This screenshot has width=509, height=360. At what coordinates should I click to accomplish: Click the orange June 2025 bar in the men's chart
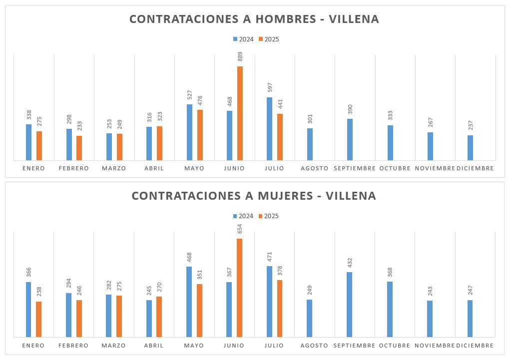point(240,113)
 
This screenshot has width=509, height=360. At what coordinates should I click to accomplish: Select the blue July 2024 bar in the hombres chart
point(269,129)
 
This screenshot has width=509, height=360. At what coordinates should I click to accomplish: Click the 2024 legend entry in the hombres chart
point(243,39)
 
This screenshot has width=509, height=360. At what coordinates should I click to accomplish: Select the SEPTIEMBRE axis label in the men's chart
point(355,168)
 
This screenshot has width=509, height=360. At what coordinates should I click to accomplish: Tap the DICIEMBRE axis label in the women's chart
point(475,346)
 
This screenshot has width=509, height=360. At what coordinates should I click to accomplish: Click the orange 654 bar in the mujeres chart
point(239,288)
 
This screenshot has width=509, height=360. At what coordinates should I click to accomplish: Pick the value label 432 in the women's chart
point(350,264)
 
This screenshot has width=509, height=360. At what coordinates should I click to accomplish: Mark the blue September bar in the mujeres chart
point(350,305)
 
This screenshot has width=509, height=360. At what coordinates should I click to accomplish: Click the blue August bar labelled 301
point(310,144)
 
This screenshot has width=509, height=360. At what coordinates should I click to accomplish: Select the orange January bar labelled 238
point(38,319)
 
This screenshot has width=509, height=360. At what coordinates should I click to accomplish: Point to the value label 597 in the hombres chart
point(269,88)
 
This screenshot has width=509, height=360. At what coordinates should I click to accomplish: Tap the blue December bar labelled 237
point(470,148)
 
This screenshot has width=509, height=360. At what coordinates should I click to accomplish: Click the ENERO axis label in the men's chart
point(33,168)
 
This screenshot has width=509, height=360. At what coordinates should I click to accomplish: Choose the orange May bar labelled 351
point(199,310)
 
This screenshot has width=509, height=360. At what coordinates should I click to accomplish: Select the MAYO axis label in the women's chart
point(194,346)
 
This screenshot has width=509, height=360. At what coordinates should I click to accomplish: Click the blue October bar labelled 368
point(390,309)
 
